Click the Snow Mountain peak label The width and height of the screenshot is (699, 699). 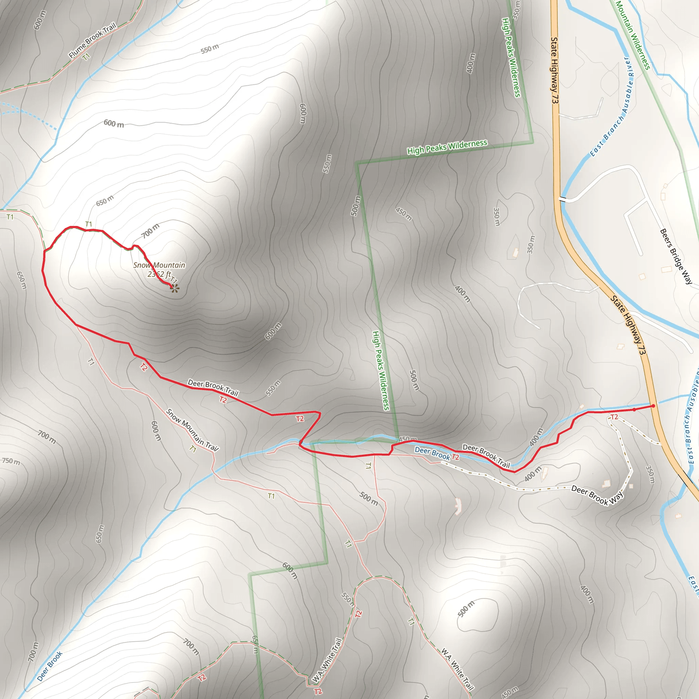(159, 265)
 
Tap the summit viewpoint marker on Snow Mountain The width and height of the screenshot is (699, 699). (175, 288)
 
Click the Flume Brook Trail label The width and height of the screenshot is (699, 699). (92, 40)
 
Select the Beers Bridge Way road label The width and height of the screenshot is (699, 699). (676, 256)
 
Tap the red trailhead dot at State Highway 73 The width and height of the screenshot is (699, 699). (653, 406)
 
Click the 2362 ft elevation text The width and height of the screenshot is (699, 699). (159, 274)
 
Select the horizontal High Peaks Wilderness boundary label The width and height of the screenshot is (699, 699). (447, 147)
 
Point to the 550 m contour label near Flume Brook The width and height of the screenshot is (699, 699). (210, 48)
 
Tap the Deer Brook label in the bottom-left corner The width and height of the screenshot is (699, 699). (50, 666)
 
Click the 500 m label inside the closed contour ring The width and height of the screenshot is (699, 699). (466, 609)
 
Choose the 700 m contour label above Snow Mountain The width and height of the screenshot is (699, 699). (150, 231)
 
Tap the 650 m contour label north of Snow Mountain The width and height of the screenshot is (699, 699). (104, 200)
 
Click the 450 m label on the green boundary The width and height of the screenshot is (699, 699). (408, 439)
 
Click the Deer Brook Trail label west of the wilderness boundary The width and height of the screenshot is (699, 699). (213, 387)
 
